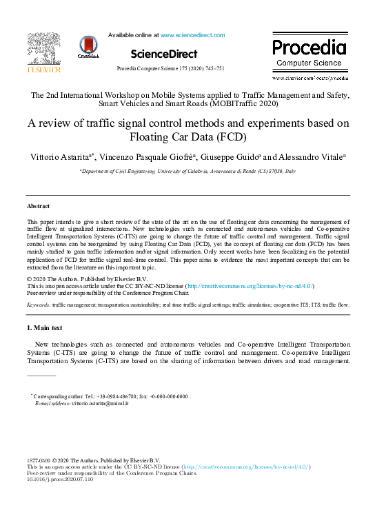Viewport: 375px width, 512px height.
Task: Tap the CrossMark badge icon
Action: (x=89, y=46)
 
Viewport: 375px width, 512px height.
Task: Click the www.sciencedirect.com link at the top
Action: (x=192, y=35)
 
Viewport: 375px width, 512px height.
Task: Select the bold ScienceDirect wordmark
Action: (x=163, y=54)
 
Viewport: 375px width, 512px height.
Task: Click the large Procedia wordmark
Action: (x=309, y=48)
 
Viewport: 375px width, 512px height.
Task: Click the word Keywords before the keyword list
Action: (x=38, y=304)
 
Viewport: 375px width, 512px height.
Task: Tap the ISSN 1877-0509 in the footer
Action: (x=39, y=460)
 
